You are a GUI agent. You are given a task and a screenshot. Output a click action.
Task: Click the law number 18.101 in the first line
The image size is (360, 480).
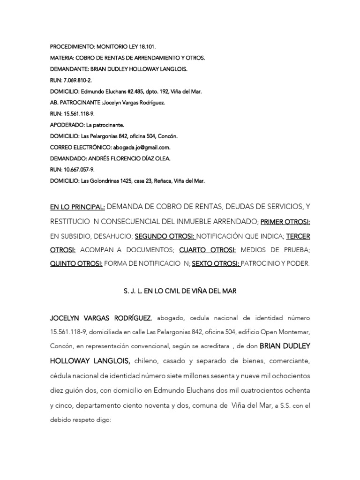pyautogui.click(x=147, y=47)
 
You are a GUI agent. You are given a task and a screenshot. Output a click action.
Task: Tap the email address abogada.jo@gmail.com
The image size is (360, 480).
pyautogui.click(x=142, y=147)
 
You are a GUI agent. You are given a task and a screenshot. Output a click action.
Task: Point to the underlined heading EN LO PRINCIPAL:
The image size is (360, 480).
pyautogui.click(x=77, y=206)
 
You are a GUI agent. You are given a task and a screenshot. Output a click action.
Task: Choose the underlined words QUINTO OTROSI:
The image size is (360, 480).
pyautogui.click(x=76, y=263)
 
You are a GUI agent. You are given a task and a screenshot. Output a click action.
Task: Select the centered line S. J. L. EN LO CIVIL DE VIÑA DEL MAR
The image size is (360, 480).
pyautogui.click(x=180, y=291)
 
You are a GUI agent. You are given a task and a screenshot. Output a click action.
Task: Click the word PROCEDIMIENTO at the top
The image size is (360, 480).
pyautogui.click(x=72, y=47)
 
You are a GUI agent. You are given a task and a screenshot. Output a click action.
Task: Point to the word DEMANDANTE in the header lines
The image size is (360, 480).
pyautogui.click(x=69, y=69)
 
